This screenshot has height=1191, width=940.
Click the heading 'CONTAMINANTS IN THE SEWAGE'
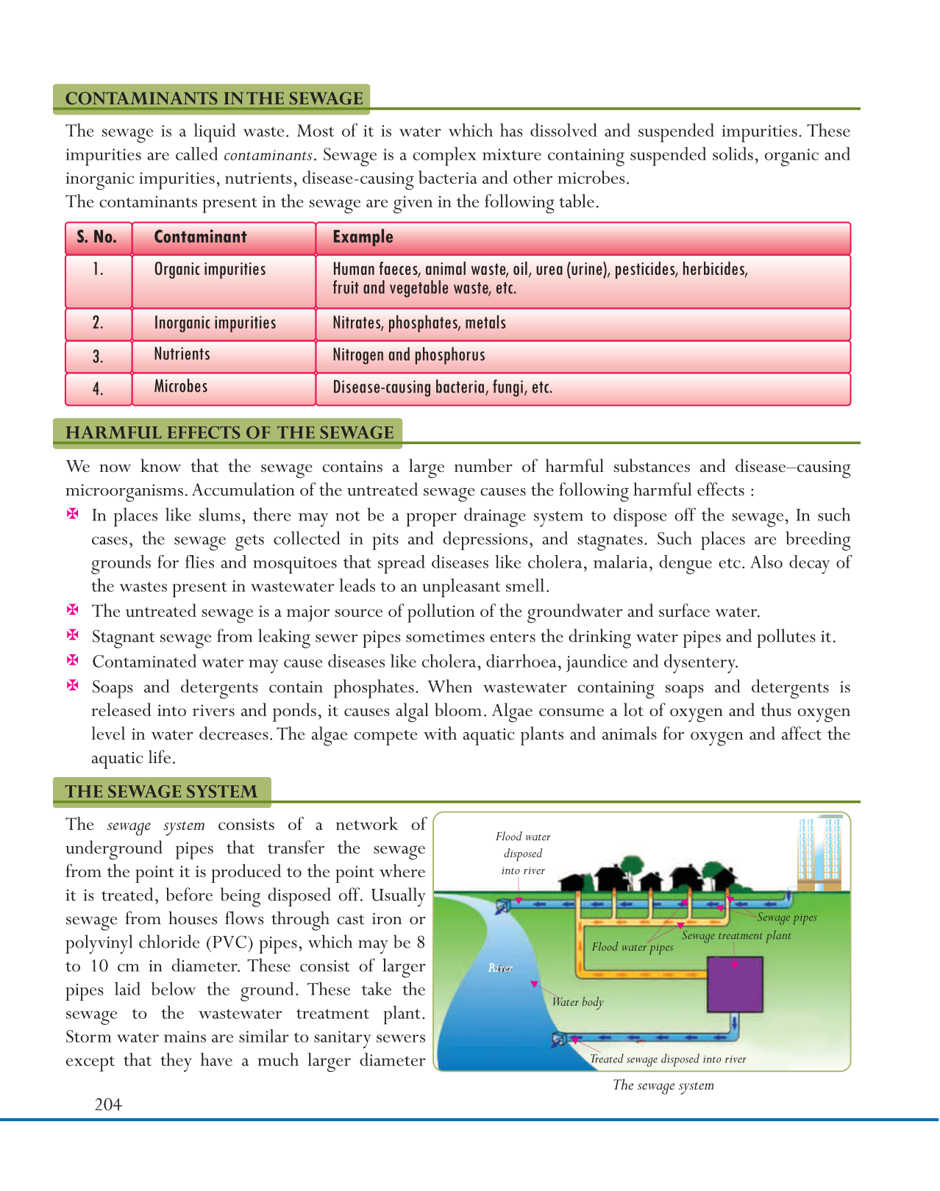(x=214, y=99)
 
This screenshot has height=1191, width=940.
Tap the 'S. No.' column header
(x=97, y=237)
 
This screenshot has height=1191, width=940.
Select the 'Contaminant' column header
(x=200, y=237)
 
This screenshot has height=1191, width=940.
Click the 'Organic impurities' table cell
(x=210, y=270)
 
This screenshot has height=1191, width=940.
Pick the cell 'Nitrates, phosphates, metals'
(x=419, y=323)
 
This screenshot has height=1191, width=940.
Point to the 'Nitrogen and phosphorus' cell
(x=409, y=355)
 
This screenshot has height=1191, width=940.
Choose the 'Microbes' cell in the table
(x=181, y=387)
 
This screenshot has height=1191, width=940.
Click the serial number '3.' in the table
(x=98, y=357)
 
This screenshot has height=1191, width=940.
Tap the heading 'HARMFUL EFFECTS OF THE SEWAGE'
(x=229, y=432)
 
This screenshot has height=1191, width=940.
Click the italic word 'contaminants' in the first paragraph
(x=269, y=155)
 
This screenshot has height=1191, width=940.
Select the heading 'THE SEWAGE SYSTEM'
(x=161, y=792)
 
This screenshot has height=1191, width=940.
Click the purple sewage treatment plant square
(x=734, y=984)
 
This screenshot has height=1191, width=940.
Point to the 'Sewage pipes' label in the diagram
(x=786, y=918)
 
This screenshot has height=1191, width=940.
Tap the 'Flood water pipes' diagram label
(x=633, y=947)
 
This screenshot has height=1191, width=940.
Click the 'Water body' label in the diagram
(x=577, y=1002)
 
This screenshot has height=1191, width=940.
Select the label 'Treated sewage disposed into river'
(x=668, y=1059)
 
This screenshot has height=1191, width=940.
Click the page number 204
(x=108, y=1104)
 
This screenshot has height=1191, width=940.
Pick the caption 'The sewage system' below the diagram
(x=663, y=1085)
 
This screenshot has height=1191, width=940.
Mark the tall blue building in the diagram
(x=820, y=853)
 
